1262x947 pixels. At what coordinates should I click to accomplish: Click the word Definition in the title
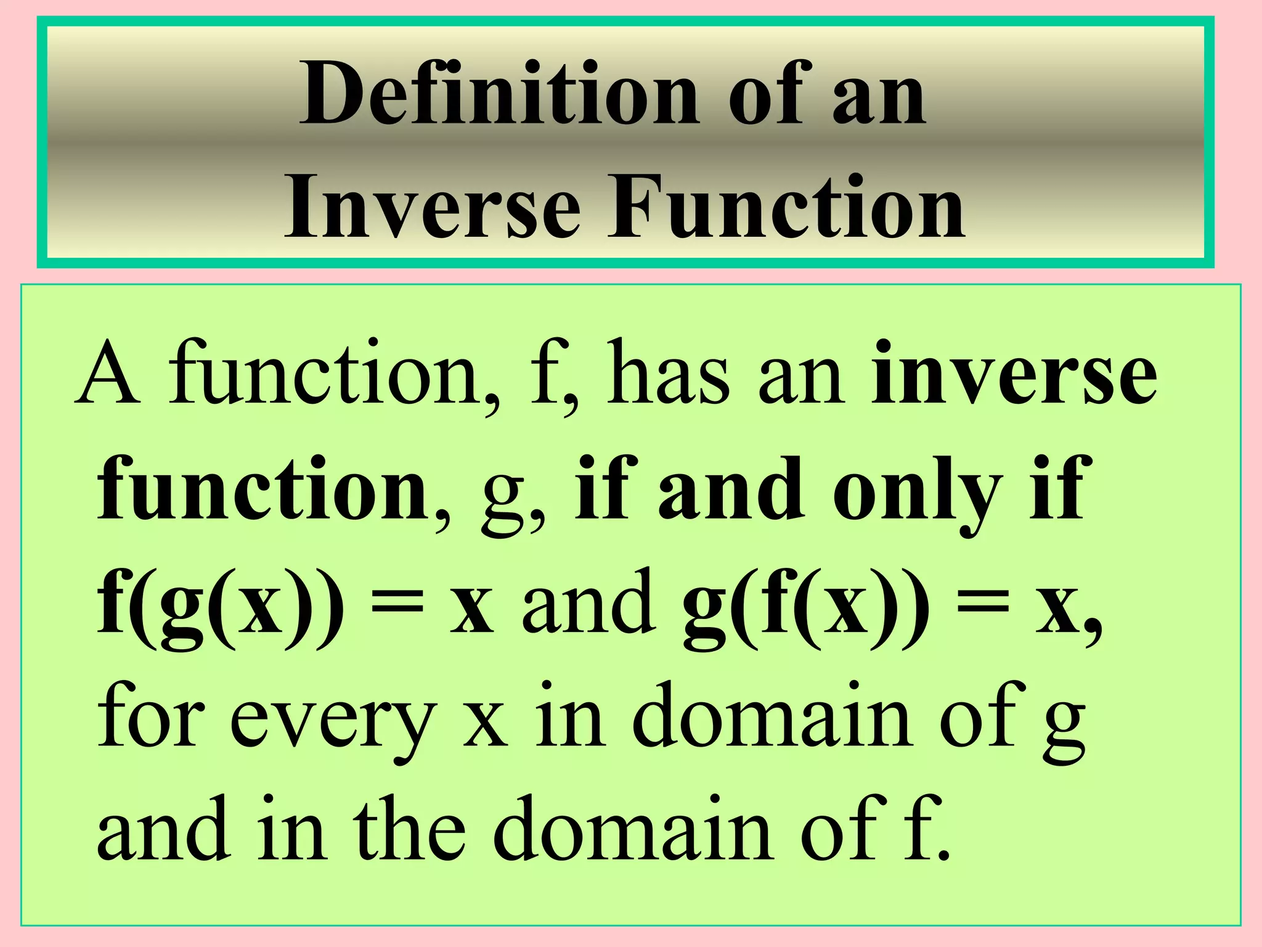[x=499, y=94]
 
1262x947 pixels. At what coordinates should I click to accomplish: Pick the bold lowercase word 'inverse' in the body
[x=1013, y=375]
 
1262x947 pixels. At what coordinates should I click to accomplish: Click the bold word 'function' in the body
[x=263, y=491]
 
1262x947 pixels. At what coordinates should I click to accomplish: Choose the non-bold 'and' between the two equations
[x=589, y=604]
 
